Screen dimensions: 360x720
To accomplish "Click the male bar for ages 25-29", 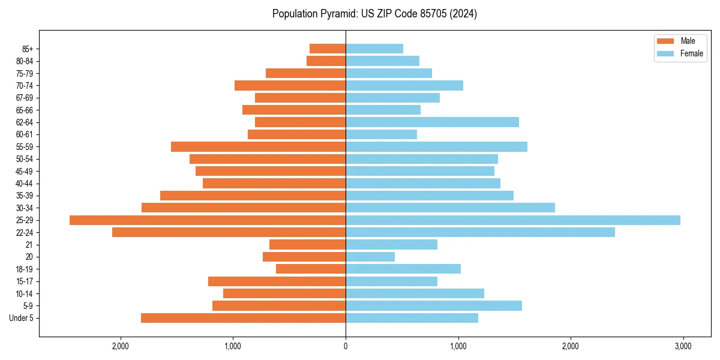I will (x=208, y=220).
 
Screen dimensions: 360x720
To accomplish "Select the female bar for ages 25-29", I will (x=513, y=220).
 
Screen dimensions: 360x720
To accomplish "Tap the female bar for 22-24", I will (x=480, y=232).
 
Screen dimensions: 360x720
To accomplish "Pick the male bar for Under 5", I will (x=243, y=318).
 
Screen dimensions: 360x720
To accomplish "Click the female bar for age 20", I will (x=370, y=257).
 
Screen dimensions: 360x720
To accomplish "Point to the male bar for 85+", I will (x=328, y=49).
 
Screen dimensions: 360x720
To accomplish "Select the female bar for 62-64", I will (x=432, y=122).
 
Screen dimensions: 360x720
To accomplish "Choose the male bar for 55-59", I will (x=258, y=147).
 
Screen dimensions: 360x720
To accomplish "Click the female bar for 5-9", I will (x=434, y=306).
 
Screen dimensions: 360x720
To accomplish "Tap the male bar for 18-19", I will (x=311, y=269).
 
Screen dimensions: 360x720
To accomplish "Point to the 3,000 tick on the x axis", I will (x=683, y=346).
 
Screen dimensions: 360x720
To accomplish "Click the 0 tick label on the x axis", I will (x=346, y=346).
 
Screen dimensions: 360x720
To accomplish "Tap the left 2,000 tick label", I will (x=121, y=346).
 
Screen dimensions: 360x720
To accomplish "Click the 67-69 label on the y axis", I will (x=25, y=98).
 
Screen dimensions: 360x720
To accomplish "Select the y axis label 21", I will (x=29, y=245).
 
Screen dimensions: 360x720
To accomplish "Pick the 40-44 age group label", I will (x=25, y=184).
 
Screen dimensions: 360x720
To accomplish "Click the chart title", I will (x=374, y=14).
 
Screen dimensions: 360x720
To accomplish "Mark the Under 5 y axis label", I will (x=21, y=318).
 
